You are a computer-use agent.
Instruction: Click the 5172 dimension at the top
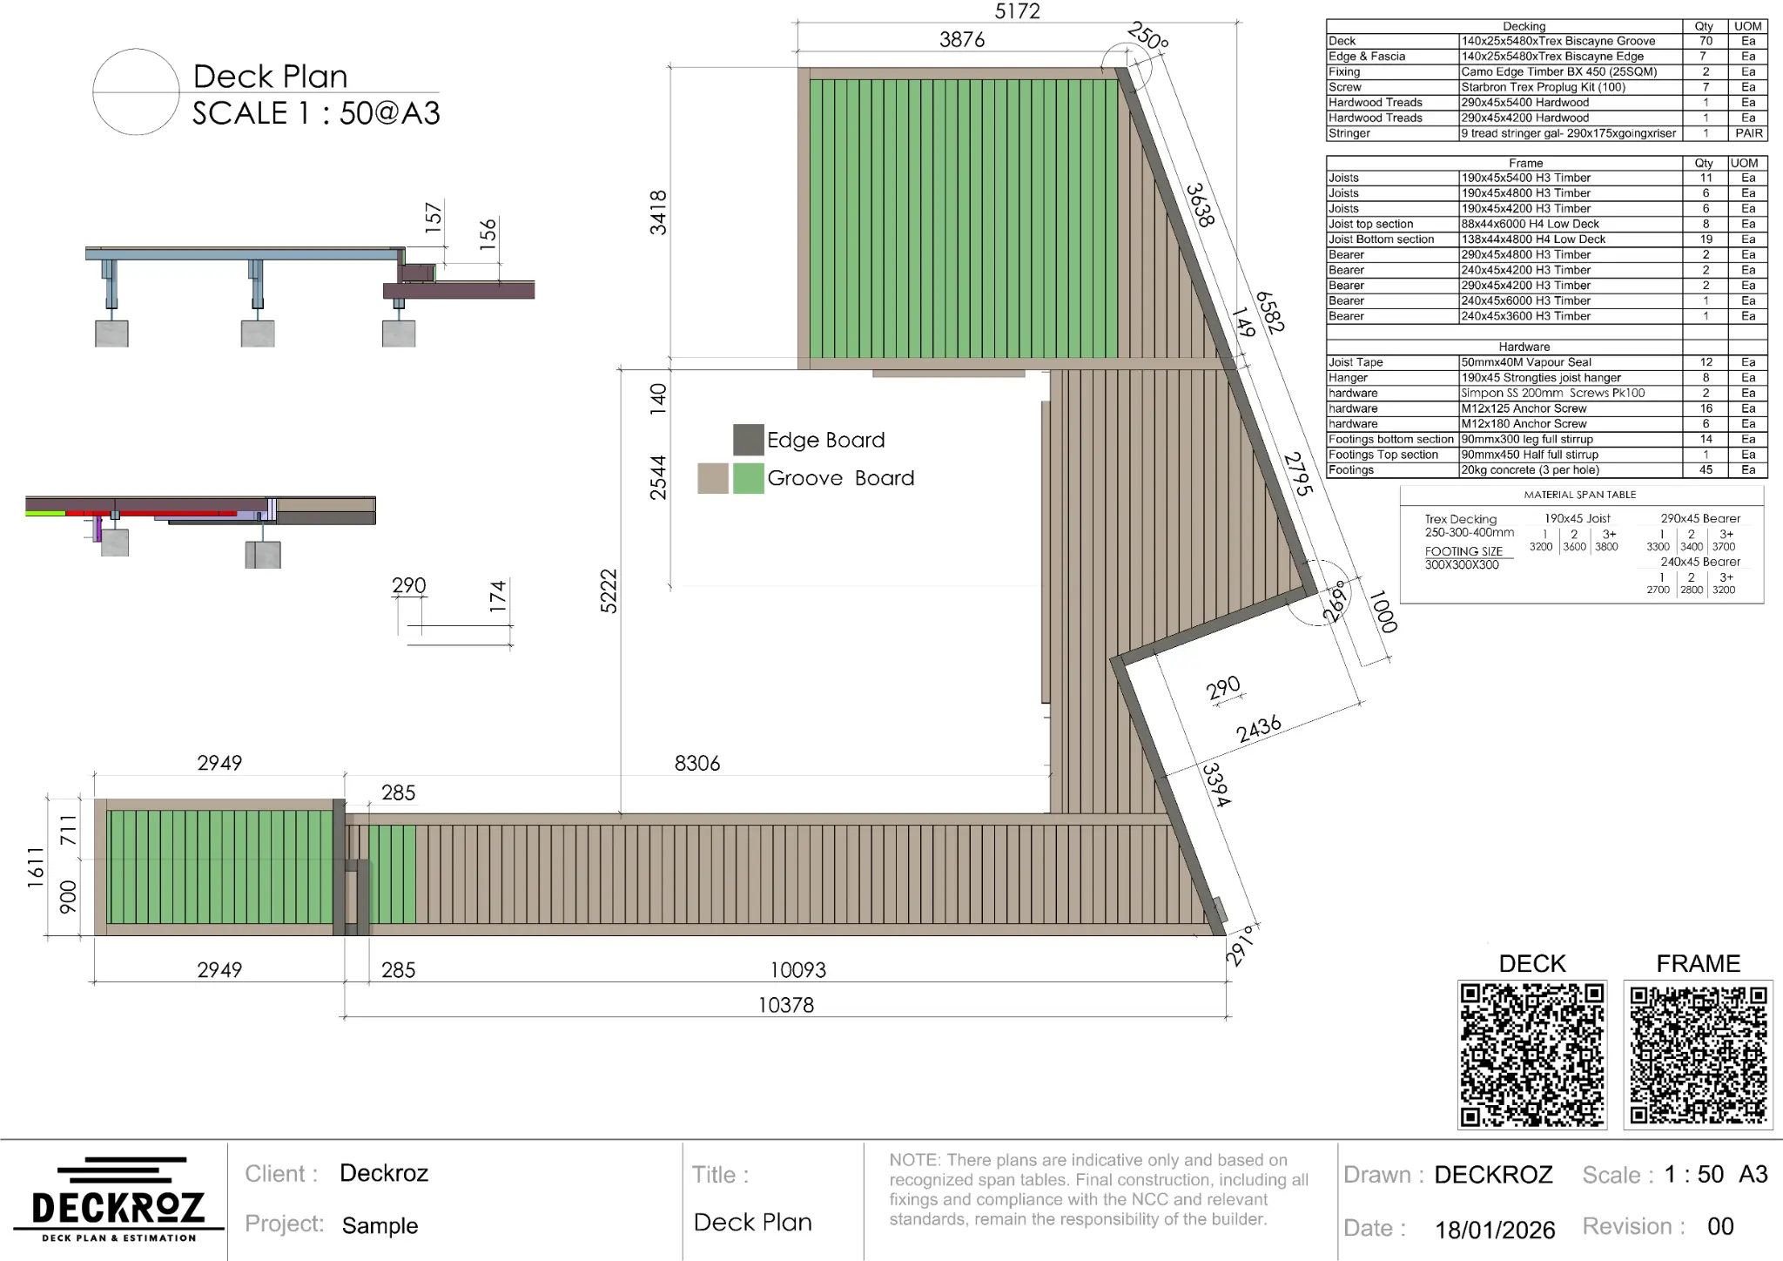click(1017, 11)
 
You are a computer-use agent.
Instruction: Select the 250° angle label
click(1147, 37)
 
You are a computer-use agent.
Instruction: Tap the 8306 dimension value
click(696, 764)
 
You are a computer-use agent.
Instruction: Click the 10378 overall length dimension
click(785, 1005)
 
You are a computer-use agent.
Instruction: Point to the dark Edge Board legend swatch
click(748, 440)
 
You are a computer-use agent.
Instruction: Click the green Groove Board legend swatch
click(748, 478)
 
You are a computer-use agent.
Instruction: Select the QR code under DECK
click(1531, 1055)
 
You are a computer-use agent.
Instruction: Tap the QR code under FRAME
click(1698, 1055)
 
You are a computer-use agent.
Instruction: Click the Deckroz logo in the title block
click(118, 1199)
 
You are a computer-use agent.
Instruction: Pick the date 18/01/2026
click(1494, 1230)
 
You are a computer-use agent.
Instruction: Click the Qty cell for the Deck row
click(1705, 41)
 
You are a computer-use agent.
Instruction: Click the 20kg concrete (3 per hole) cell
click(1530, 470)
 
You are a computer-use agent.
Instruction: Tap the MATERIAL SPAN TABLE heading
click(1579, 495)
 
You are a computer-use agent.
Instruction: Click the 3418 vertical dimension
click(658, 212)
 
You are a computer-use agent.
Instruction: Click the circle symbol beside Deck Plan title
click(136, 91)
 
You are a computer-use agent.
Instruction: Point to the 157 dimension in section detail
click(434, 214)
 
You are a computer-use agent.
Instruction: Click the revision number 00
click(1720, 1227)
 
